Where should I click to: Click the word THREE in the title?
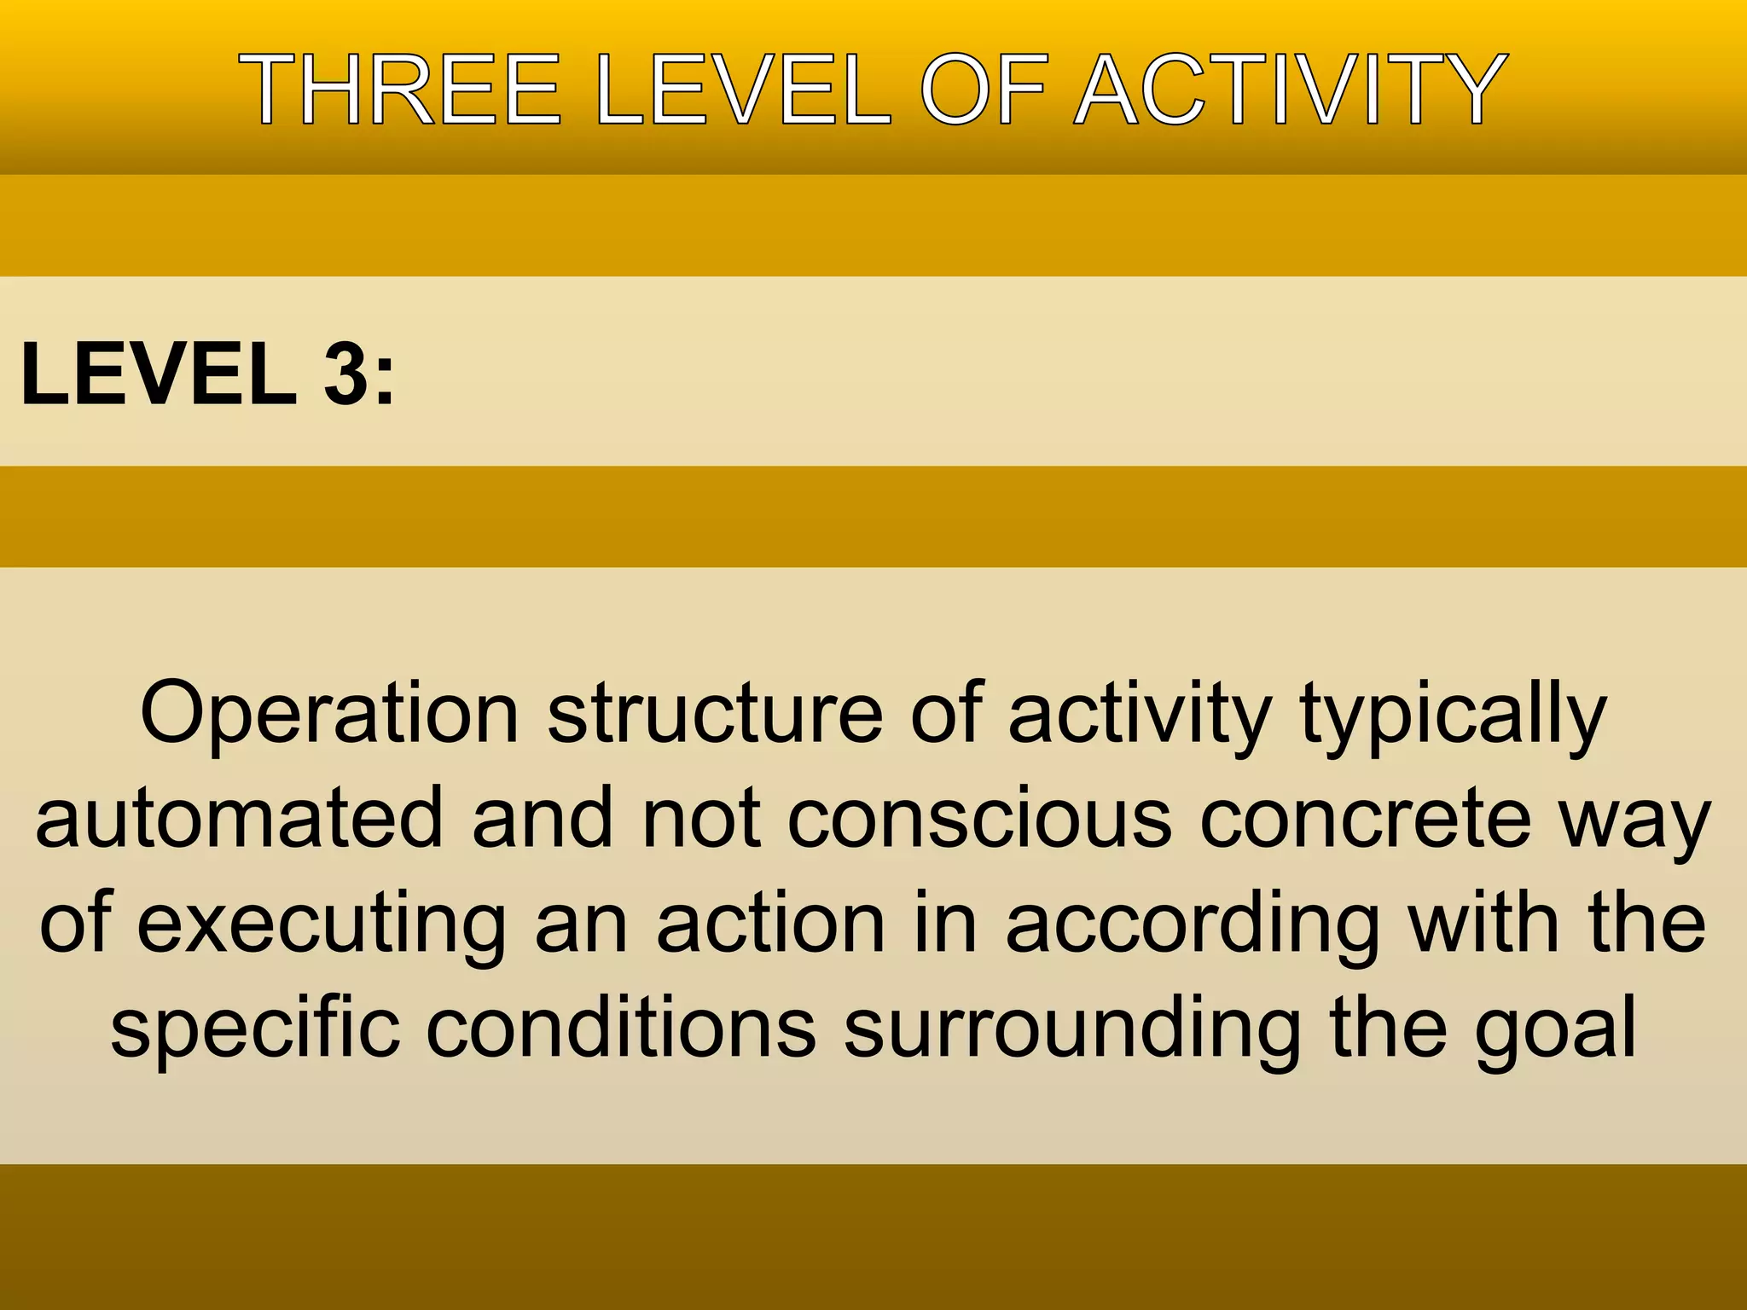399,90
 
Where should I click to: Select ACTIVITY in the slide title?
1291,90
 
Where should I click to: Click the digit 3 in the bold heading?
346,374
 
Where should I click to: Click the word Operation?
329,714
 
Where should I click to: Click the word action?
770,923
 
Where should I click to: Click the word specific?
255,1029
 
